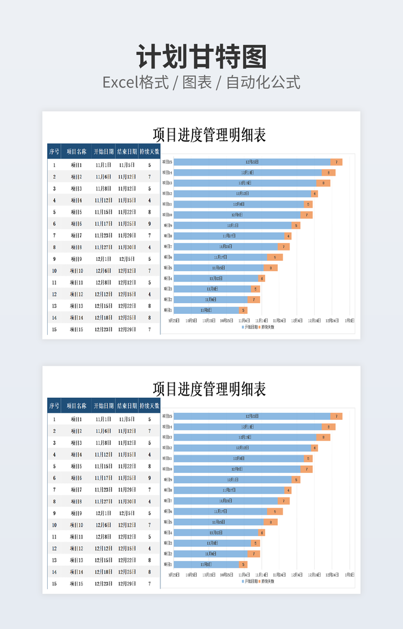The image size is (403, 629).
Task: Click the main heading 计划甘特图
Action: (201, 58)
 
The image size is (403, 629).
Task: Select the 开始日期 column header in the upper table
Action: (103, 151)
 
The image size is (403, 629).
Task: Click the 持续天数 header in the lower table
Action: (149, 406)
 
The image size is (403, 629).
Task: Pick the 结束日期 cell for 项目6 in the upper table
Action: (126, 223)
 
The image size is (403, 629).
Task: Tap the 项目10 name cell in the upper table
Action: (76, 270)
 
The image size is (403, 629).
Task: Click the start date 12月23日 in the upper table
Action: (103, 329)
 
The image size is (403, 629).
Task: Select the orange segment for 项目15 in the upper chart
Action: (336, 162)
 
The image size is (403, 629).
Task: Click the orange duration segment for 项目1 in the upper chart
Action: (243, 310)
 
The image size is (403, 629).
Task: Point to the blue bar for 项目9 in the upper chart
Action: (232, 225)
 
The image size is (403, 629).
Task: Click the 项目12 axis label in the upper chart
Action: (168, 194)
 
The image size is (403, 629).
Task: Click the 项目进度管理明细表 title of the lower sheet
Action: (209, 390)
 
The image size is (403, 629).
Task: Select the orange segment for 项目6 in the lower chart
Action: (275, 511)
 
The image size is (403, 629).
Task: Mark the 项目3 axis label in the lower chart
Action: (168, 543)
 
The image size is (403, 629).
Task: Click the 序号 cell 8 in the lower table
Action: (54, 502)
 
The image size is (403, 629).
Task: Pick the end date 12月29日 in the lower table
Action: (126, 584)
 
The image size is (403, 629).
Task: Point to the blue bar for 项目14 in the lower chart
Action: (247, 426)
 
